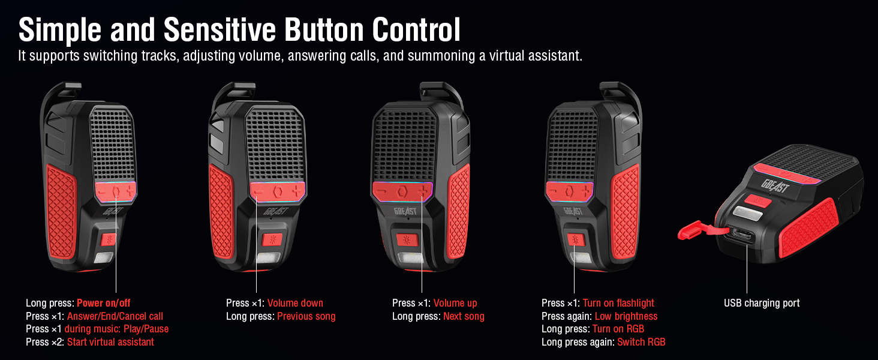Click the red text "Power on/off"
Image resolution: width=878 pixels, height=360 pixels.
coord(103,303)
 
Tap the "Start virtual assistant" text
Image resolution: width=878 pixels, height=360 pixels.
coord(110,342)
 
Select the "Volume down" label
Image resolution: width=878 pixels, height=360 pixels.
coord(295,303)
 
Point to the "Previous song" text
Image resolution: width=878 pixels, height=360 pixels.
coord(306,316)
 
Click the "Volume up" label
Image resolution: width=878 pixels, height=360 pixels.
coord(455,303)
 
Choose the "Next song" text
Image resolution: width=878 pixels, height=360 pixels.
coord(464,316)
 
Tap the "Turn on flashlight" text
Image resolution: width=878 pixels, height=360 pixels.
coord(618,303)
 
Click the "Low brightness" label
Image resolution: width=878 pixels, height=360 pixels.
coord(626,316)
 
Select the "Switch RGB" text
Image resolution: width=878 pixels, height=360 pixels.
coord(641,342)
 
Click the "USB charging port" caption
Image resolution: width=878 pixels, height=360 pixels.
coord(762,303)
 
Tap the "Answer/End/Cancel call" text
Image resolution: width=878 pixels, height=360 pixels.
coord(115,316)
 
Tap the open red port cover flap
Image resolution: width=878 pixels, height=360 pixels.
coord(695,231)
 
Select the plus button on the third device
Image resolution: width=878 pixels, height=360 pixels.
coord(425,191)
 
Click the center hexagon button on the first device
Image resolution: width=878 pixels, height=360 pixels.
coord(116,191)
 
